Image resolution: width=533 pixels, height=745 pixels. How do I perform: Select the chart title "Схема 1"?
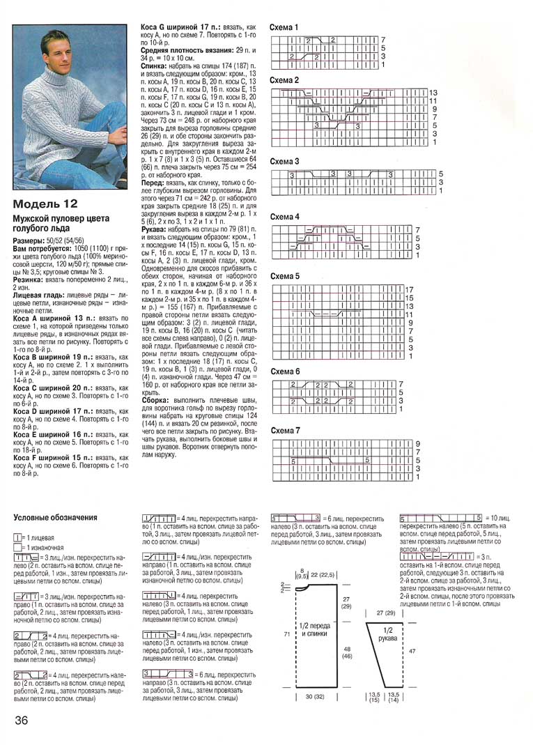click(x=284, y=28)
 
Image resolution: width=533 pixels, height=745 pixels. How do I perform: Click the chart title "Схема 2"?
click(x=284, y=81)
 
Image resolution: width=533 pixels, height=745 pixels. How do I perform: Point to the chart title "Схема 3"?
click(x=284, y=162)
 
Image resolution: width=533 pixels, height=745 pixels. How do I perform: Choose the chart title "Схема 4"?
click(x=284, y=217)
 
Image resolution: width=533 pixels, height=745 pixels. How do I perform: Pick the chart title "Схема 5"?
click(x=284, y=276)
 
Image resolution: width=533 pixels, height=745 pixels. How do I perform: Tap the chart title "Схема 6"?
click(x=284, y=371)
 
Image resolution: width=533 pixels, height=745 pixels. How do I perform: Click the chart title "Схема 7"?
click(x=284, y=431)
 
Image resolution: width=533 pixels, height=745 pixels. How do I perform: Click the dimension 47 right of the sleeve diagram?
click(x=412, y=651)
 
